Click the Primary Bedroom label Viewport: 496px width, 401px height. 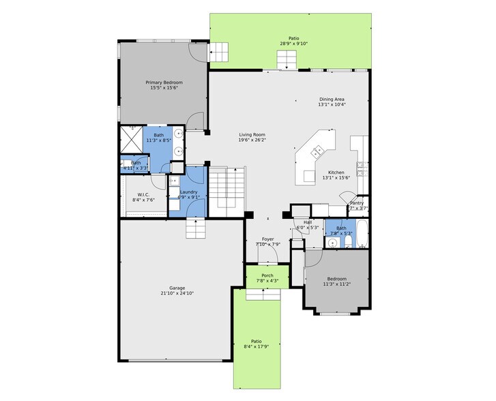coord(164,83)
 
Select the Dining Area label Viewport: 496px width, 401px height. coord(332,100)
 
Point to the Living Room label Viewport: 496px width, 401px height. coord(252,135)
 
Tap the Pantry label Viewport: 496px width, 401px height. coord(357,203)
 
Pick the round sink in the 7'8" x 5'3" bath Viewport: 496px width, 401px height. coord(332,241)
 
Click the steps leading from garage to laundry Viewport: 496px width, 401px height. coord(196,229)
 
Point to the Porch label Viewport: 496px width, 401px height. coord(267,276)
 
